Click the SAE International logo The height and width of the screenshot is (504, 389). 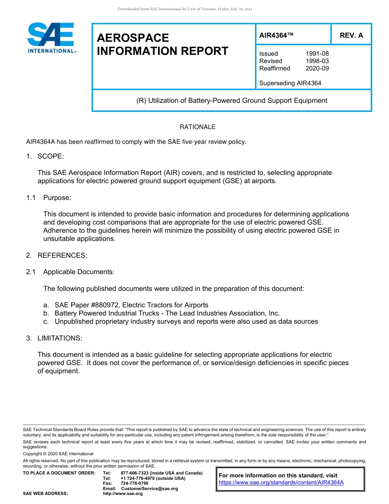pyautogui.click(x=51, y=38)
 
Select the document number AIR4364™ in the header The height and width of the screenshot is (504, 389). pyautogui.click(x=276, y=35)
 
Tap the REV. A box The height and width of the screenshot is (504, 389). pyautogui.click(x=351, y=35)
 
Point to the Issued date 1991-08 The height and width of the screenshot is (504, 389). pyautogui.click(x=317, y=54)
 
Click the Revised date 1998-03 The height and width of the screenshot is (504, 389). pyautogui.click(x=317, y=61)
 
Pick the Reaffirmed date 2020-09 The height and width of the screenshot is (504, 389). pyautogui.click(x=317, y=68)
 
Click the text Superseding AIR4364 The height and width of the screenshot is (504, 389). pyautogui.click(x=290, y=83)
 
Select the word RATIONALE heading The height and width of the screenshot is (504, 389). pyautogui.click(x=197, y=127)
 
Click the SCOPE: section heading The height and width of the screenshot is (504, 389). pyautogui.click(x=51, y=156)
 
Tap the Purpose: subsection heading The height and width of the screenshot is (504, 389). pyautogui.click(x=57, y=198)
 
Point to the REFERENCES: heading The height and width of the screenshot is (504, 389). pyautogui.click(x=62, y=255)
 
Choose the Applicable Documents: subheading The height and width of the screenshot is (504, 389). pyautogui.click(x=79, y=272)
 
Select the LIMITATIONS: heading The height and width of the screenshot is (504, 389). pyautogui.click(x=60, y=338)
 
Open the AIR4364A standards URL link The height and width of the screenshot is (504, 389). pyautogui.click(x=281, y=482)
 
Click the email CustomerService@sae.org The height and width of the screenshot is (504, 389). pyautogui.click(x=149, y=488)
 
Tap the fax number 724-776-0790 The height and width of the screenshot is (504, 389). pyautogui.click(x=134, y=483)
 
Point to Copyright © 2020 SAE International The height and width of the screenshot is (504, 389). pyautogui.click(x=58, y=454)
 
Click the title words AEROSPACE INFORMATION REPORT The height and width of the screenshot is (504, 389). pyautogui.click(x=162, y=44)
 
